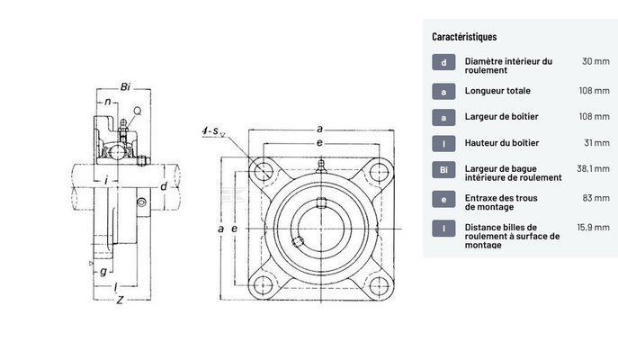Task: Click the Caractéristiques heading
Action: pos(464,37)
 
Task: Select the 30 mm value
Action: pos(596,61)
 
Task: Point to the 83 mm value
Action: pos(596,197)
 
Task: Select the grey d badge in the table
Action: pos(443,63)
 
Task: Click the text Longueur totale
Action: pos(497,91)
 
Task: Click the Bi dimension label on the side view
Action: pos(126,87)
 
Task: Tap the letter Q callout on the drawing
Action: pos(137,111)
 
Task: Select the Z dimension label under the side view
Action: pos(120,301)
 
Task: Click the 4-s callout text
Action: pos(212,131)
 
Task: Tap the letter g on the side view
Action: pos(104,272)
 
